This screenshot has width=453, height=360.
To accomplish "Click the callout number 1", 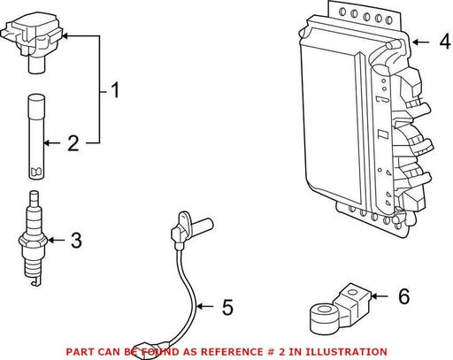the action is tap(115, 90).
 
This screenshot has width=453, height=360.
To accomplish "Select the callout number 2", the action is tap(73, 143).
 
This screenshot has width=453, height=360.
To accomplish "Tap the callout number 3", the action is tap(76, 241).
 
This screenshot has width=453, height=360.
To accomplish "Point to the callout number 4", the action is tap(445, 42).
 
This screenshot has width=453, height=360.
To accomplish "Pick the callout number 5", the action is tap(227, 307).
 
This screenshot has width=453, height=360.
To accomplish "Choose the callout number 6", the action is tap(404, 296).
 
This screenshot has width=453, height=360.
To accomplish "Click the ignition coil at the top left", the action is tap(33, 42).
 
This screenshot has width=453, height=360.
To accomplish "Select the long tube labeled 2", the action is tap(37, 137).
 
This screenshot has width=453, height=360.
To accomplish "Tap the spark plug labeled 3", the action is tap(33, 238).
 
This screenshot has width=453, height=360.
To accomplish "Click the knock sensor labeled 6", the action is tap(340, 309).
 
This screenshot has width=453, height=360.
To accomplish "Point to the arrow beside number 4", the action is tap(421, 42).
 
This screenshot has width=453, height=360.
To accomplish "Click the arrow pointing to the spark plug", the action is tap(56, 241).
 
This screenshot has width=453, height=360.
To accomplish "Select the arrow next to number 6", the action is tap(379, 295).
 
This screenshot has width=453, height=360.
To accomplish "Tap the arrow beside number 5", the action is tap(204, 307).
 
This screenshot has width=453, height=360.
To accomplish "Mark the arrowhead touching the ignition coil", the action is tap(66, 36).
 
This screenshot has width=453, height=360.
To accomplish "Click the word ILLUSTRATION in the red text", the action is tap(345, 352).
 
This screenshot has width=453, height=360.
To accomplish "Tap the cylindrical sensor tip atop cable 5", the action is tap(203, 224).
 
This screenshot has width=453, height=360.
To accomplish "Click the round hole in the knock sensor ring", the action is tap(326, 310).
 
